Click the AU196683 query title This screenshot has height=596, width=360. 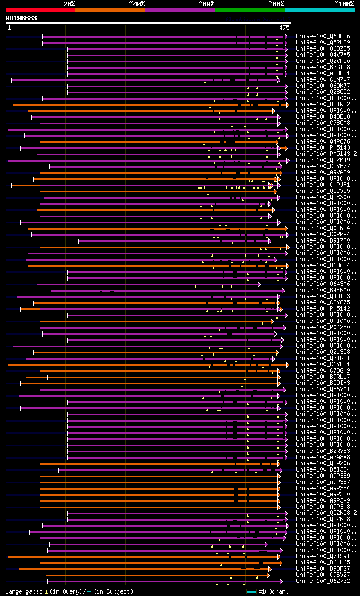tap(21, 18)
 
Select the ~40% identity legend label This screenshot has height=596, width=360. tap(137, 3)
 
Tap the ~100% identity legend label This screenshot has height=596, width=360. tap(344, 3)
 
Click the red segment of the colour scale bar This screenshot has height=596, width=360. tap(40, 10)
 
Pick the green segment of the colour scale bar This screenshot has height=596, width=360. tap(249, 10)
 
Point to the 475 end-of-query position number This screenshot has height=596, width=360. tap(284, 27)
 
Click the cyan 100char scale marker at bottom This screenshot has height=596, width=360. tap(251, 591)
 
